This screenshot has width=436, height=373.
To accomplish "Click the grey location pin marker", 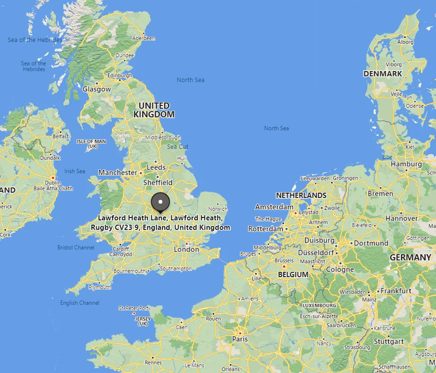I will point(160,202).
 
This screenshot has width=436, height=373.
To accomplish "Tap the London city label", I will point(186,249).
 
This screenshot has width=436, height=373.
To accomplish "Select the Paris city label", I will point(240,339).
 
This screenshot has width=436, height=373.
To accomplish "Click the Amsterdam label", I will point(274,207).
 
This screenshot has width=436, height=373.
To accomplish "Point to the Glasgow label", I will point(96,89).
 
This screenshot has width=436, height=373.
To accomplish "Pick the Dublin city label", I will point(53,182).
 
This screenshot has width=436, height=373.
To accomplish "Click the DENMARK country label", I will point(383,74).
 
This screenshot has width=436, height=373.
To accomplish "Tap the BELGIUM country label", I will point(293,275).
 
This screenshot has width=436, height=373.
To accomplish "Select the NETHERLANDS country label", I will point(301,196).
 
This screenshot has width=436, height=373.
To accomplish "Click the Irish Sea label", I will point(74,171).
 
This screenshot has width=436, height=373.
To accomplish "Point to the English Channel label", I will point(80,303).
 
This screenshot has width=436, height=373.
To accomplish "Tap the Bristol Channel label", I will point(76,248).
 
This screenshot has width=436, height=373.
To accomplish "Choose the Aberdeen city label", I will point(144,38).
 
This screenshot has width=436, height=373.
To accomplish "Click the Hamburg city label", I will point(406,164).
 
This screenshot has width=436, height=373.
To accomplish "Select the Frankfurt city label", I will point(396,290).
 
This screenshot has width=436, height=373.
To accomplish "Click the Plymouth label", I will point(100,287).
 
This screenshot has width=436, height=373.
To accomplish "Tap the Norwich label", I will point(218,209).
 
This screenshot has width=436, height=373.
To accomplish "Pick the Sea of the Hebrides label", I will point(35,40).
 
